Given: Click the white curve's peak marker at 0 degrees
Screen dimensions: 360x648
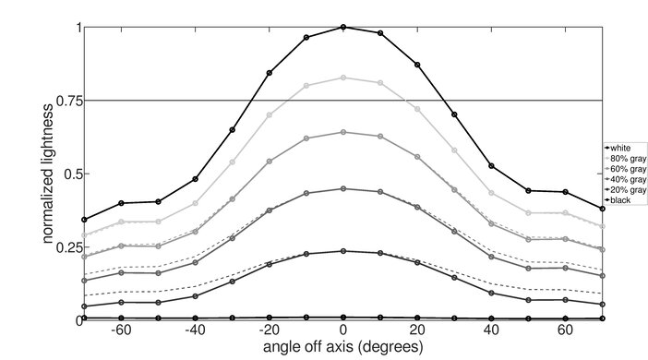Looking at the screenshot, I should [343, 28].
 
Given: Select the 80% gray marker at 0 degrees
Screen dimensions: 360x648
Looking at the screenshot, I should [343, 78].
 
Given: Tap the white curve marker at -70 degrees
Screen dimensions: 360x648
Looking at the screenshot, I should [84, 220].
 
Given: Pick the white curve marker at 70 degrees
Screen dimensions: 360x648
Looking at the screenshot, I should [602, 209].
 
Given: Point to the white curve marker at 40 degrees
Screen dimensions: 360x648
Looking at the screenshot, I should [491, 166].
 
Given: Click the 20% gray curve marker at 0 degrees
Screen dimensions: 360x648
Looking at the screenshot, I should [343, 251].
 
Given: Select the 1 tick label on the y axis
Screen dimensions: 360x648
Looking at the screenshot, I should [76, 28].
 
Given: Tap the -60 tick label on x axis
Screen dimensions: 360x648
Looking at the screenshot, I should [120, 330].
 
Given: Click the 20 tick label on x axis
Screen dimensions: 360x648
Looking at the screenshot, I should [417, 330].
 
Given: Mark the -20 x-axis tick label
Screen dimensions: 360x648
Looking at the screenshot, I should [268, 330].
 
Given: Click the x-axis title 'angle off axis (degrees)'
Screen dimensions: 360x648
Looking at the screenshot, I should [343, 348].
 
